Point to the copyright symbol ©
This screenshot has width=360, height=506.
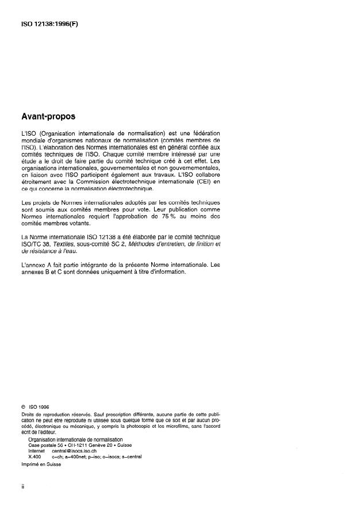click(22, 407)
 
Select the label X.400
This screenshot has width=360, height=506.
click(36, 457)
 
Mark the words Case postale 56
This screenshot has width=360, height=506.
click(45, 446)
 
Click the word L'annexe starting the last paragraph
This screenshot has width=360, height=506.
click(33, 265)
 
